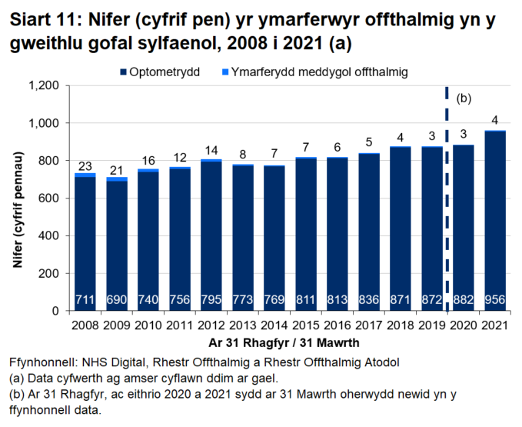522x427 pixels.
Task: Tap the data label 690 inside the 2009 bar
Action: pos(117,299)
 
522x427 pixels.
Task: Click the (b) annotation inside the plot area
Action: pos(464,98)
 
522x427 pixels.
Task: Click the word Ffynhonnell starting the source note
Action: pos(42,361)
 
